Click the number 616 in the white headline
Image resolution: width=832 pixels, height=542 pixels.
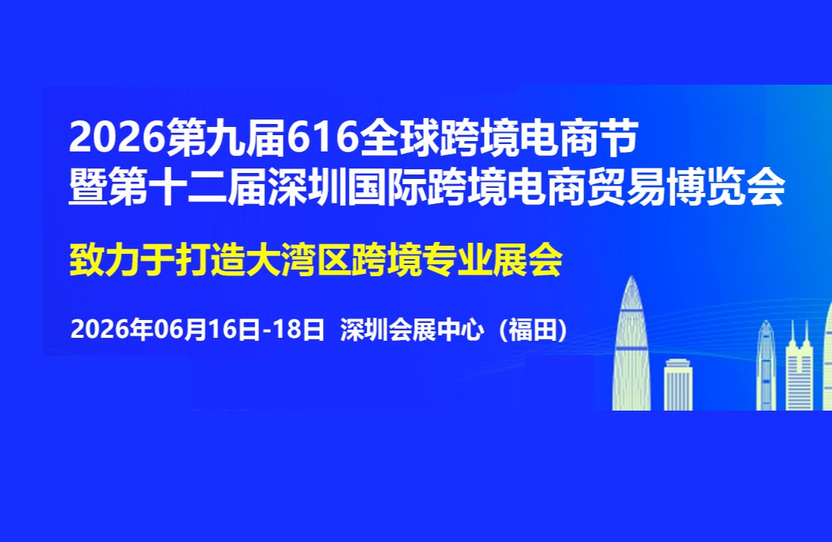(323, 137)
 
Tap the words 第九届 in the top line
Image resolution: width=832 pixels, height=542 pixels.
(226, 138)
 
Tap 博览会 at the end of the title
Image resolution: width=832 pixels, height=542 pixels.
(726, 187)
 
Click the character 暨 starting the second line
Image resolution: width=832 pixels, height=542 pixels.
(88, 187)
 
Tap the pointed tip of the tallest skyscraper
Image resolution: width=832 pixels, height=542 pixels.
(632, 276)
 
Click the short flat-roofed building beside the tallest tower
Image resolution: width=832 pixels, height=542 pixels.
(678, 385)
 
